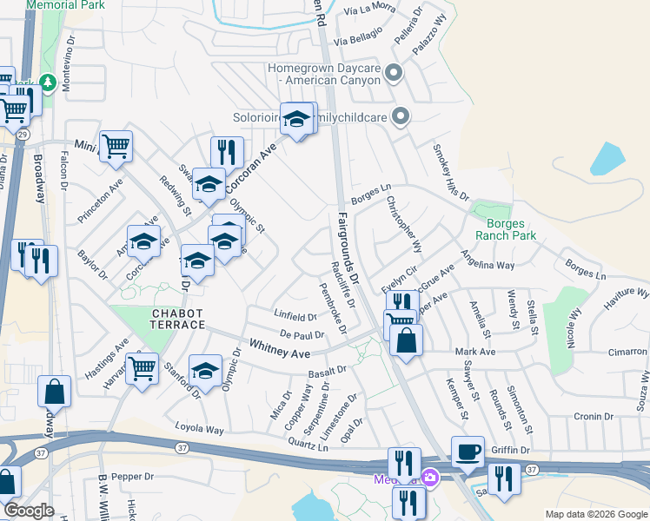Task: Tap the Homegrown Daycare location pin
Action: [x=394, y=74]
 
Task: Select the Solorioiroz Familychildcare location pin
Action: [x=401, y=115]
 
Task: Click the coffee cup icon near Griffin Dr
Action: [x=468, y=452]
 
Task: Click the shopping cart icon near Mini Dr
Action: [x=115, y=147]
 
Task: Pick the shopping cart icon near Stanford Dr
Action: [x=141, y=368]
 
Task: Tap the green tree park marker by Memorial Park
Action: [x=47, y=82]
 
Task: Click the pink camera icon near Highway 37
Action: [x=429, y=477]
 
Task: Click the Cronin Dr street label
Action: [x=594, y=416]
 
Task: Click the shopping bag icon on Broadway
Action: [x=54, y=393]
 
